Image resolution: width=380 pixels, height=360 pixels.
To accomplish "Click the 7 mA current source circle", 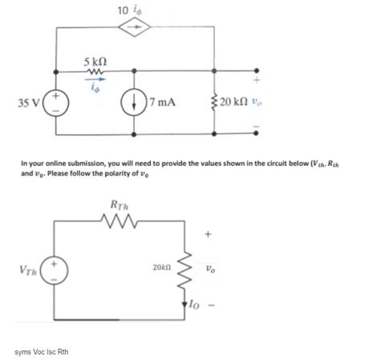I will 135,103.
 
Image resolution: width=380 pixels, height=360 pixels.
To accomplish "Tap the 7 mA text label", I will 164,103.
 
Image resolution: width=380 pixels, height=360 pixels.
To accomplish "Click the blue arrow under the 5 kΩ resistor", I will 95,80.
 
